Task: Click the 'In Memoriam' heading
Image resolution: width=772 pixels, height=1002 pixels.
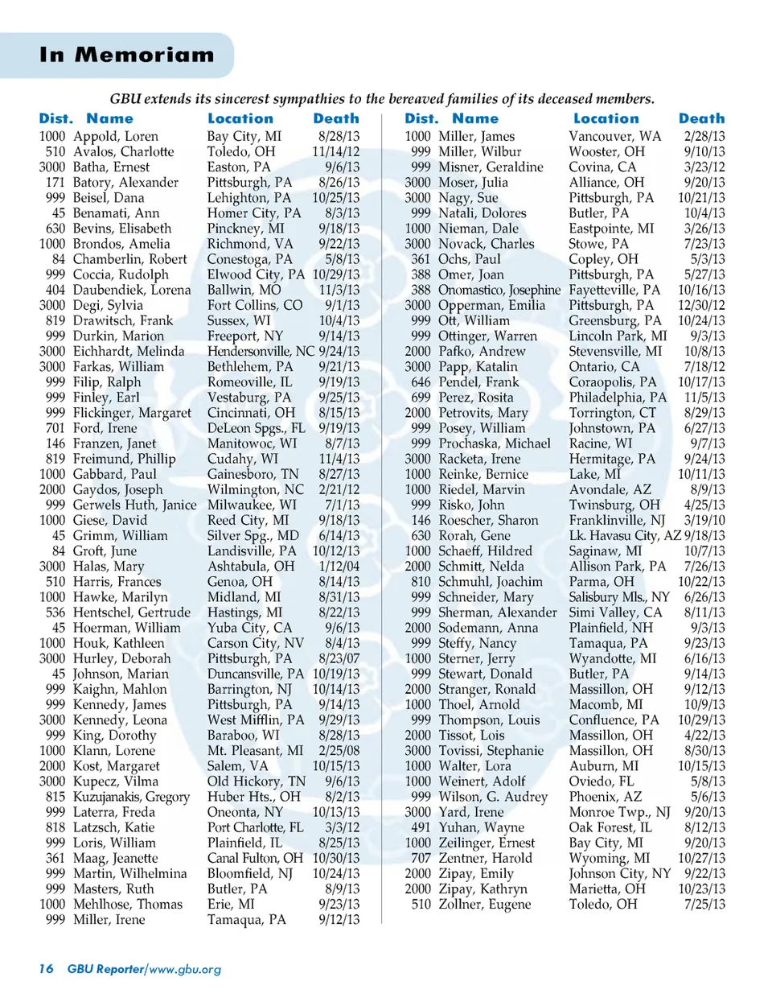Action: tap(127, 55)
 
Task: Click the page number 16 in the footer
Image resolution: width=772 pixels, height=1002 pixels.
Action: tap(46, 969)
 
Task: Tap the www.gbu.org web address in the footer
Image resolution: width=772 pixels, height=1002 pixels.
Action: tap(185, 969)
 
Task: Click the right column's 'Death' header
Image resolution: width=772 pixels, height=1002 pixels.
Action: tap(701, 119)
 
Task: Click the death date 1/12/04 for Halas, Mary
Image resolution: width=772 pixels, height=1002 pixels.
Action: tap(339, 567)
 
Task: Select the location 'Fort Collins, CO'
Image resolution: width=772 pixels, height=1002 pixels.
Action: tap(255, 306)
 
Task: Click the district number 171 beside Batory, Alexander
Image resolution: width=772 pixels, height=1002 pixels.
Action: tap(55, 183)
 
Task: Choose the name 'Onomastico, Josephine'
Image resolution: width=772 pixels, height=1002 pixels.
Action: tap(499, 291)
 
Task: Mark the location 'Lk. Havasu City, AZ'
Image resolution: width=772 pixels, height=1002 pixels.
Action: tap(625, 536)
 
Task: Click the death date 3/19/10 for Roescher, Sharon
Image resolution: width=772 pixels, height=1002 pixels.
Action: tap(704, 521)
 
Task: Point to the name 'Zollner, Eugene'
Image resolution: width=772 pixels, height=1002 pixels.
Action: tap(484, 905)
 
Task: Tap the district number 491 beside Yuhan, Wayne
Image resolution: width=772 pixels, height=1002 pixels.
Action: tap(421, 827)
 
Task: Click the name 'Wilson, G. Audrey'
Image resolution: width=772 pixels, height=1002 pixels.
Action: tap(492, 797)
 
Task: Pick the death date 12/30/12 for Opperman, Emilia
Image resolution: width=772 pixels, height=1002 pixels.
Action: tap(700, 306)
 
